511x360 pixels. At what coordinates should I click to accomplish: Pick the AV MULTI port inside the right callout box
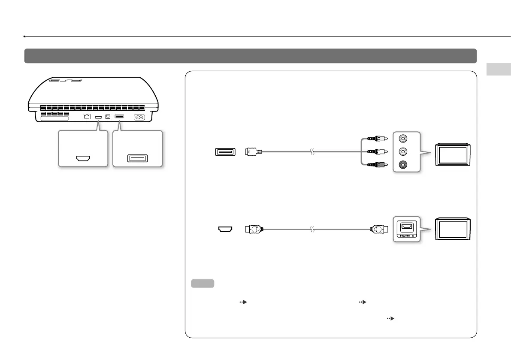[x=137, y=158]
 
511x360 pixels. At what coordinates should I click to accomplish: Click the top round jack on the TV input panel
[x=403, y=139]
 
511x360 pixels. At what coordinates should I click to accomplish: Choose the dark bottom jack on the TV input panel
[x=403, y=164]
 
